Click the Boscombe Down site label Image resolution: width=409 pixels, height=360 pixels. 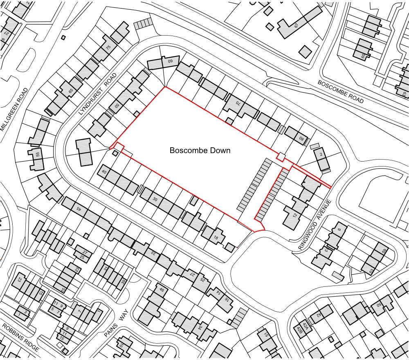[x=200, y=151]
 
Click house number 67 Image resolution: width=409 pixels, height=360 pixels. [x=296, y=25]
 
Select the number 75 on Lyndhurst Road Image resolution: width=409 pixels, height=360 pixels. [x=108, y=47]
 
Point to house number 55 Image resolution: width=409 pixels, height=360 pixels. [x=38, y=155]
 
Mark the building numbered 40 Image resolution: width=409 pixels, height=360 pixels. [x=104, y=173]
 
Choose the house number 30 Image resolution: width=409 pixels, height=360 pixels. [x=155, y=199]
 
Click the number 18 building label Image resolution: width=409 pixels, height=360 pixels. [x=215, y=238]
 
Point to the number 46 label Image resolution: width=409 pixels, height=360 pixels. [x=161, y=290]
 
